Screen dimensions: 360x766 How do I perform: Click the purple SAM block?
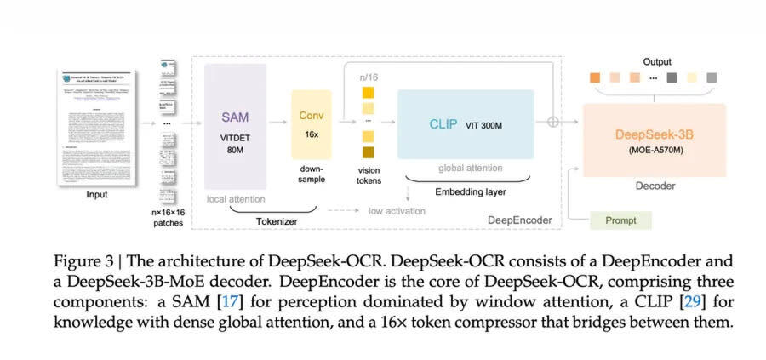point(235,126)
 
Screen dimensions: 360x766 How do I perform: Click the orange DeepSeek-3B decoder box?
point(655,140)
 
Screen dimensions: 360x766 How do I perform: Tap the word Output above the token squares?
point(656,61)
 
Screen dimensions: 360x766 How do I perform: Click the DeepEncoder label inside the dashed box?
point(518,220)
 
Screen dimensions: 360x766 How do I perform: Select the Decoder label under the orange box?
point(655,185)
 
